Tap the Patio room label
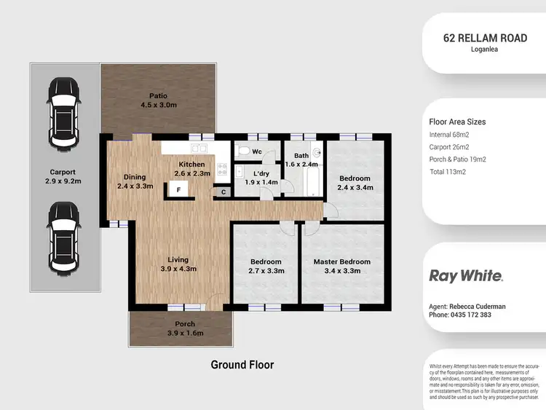[158, 95]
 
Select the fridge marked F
[178, 188]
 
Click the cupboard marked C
[223, 192]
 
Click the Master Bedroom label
[341, 262]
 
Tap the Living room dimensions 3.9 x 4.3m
[178, 269]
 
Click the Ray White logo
[466, 276]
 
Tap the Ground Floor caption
[242, 364]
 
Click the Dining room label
[135, 177]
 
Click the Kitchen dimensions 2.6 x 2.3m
[192, 173]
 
